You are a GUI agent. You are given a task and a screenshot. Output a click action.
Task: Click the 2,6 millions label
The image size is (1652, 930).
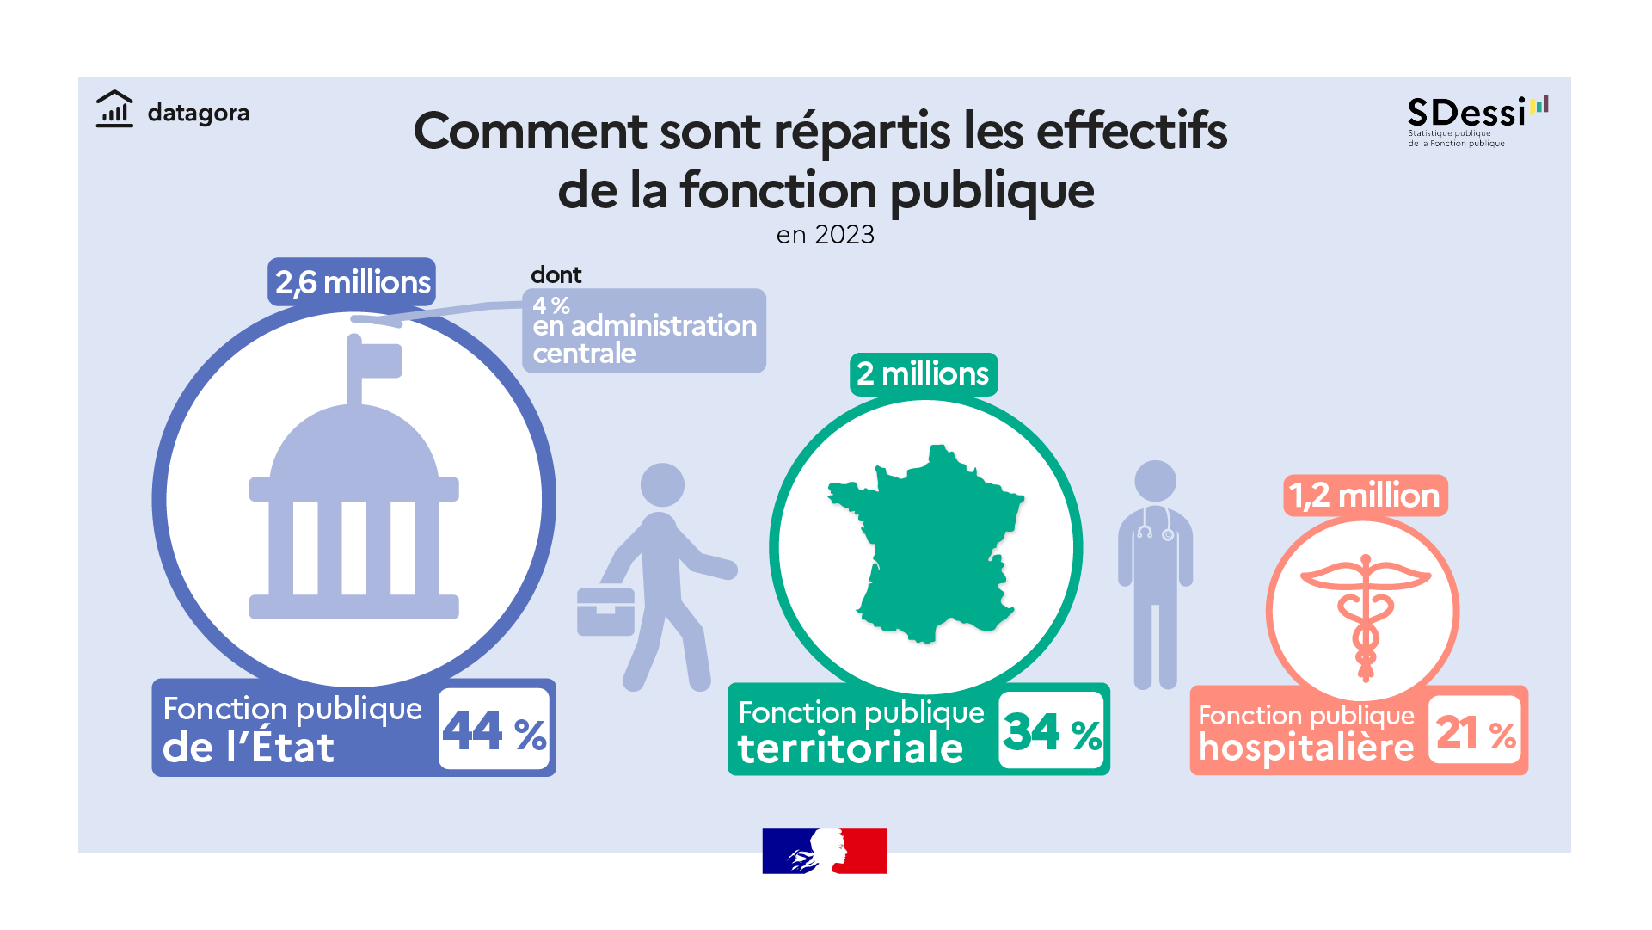point(353,282)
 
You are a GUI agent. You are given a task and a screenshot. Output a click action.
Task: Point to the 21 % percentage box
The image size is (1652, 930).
point(1475,732)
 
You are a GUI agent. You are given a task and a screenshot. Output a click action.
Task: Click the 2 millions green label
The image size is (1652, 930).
point(923,374)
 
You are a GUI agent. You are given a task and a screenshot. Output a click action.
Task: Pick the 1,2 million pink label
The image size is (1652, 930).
point(1365,496)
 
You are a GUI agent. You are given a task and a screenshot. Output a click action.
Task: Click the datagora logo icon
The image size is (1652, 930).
point(114,110)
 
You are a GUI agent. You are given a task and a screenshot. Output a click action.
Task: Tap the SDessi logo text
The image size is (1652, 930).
point(1466,113)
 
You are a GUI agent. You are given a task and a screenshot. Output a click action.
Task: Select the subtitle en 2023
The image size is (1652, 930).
point(825,235)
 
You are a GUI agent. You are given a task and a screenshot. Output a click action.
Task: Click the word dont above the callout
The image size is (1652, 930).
point(556,275)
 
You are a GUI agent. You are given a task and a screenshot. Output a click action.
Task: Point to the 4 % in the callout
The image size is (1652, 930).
point(550,305)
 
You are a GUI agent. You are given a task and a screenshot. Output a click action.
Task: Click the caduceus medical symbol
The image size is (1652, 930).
point(1365,615)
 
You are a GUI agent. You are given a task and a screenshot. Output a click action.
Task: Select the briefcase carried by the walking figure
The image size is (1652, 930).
point(605,612)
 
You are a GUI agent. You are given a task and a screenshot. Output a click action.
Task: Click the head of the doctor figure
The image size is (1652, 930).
point(1155,481)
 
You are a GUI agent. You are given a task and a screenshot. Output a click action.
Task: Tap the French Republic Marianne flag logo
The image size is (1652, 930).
point(824,851)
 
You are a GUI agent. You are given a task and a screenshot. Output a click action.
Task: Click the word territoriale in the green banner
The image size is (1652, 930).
point(851,748)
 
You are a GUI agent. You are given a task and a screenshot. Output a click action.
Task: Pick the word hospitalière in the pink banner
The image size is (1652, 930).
point(1305,748)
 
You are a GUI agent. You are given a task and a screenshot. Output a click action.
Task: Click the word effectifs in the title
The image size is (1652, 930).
point(1132,132)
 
